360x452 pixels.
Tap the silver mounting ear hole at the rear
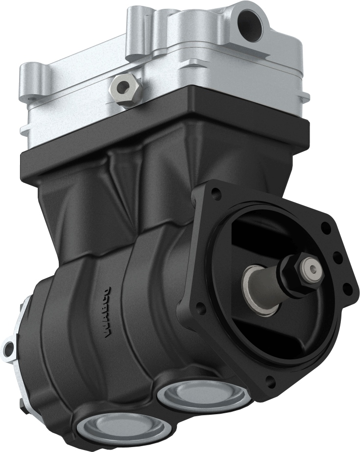[x=7, y=349]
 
